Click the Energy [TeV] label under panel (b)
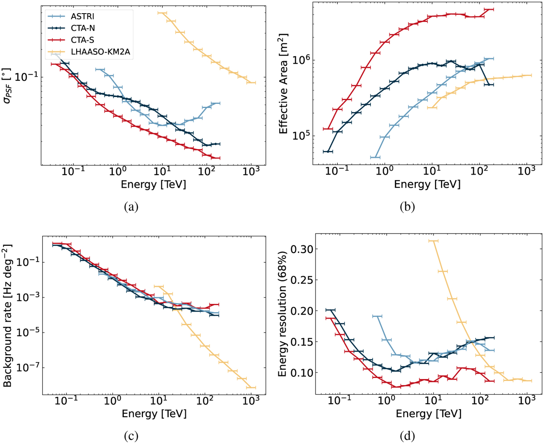click(427, 185)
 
